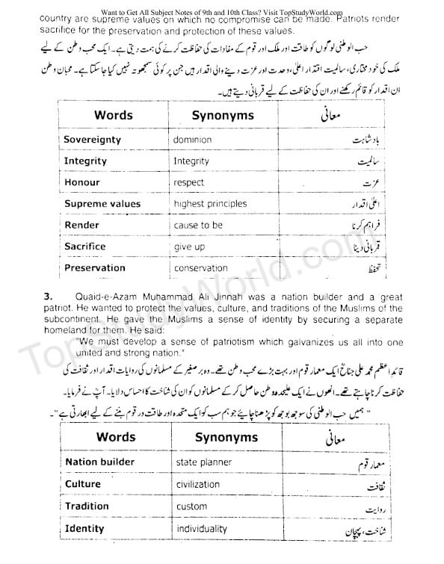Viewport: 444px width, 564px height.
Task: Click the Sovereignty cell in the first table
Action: coord(93,140)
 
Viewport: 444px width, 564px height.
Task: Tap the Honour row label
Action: coord(82,182)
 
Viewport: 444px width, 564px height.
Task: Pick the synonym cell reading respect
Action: coord(188,182)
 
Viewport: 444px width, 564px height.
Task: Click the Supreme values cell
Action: coord(102,203)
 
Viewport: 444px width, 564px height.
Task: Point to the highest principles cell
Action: coord(209,203)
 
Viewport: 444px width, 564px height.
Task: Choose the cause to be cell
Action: coord(198,225)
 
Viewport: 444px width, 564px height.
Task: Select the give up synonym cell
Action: coord(189,247)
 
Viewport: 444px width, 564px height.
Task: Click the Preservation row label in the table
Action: coord(95,267)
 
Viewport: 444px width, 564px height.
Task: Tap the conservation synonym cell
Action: coord(200,267)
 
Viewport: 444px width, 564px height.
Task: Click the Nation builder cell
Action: coord(100,462)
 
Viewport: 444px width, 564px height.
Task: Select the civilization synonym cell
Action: coord(203,484)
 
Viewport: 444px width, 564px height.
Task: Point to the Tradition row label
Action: coord(87,506)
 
